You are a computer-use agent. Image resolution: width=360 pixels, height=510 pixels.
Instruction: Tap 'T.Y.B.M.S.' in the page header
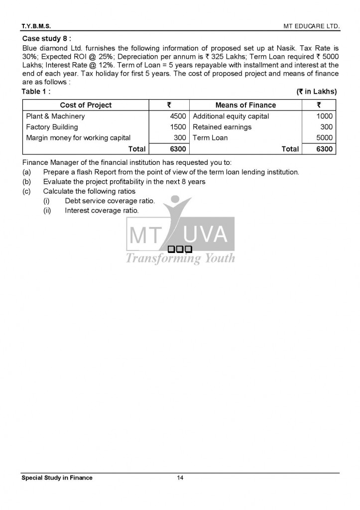coord(36,25)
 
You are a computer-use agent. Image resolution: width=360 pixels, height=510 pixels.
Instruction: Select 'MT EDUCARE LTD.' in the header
coord(311,25)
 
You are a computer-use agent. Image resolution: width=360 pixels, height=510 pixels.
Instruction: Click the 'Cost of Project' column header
coord(86,105)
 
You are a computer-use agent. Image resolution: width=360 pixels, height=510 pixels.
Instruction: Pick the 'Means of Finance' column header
coord(245,105)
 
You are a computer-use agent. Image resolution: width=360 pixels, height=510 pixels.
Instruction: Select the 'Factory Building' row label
coord(52,127)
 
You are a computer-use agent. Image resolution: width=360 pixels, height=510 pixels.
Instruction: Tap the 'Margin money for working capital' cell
coord(78,138)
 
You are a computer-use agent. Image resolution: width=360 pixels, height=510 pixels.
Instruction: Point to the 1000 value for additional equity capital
coord(324,116)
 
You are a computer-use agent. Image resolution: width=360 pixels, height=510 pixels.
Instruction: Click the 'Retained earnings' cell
coord(222,127)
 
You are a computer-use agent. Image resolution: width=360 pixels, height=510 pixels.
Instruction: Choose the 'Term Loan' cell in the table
coord(210,138)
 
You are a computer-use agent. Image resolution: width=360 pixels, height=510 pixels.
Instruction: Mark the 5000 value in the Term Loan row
coord(324,138)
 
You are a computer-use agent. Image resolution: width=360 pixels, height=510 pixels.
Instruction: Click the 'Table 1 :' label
coord(36,92)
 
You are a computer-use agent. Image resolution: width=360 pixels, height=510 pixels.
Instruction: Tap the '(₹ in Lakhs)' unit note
coord(317,92)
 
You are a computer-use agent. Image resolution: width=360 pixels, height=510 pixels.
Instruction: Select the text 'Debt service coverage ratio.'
coord(110,201)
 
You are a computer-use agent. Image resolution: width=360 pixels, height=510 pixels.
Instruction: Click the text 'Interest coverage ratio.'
coord(102,211)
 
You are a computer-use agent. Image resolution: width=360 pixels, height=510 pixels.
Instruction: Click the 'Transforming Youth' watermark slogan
coord(180,258)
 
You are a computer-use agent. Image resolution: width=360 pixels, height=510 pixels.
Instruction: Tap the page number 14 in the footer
coord(180,478)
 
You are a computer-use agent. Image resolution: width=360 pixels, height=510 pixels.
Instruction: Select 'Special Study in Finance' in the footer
coord(57,478)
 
